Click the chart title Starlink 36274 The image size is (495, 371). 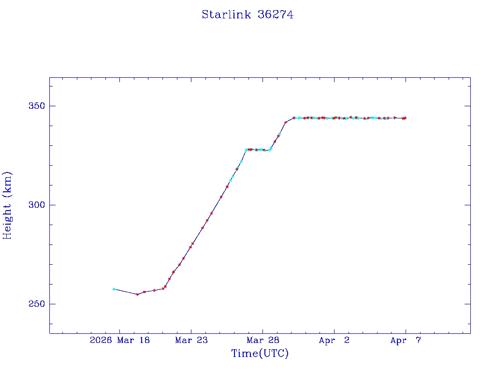pyautogui.click(x=247, y=14)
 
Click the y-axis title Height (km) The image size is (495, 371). pyautogui.click(x=7, y=205)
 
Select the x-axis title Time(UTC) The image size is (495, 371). pyautogui.click(x=260, y=354)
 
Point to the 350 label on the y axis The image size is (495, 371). pyautogui.click(x=34, y=106)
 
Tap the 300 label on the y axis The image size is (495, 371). pyautogui.click(x=34, y=205)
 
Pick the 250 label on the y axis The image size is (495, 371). pyautogui.click(x=34, y=304)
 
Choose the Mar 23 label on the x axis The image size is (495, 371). pyautogui.click(x=191, y=341)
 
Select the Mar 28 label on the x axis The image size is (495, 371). pyautogui.click(x=263, y=341)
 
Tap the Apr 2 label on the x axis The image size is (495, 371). pyautogui.click(x=334, y=341)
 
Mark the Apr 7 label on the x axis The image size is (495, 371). pyautogui.click(x=406, y=341)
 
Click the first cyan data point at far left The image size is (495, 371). pyautogui.click(x=114, y=289)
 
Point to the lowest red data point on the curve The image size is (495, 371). pyautogui.click(x=137, y=294)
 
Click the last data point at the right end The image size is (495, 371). pyautogui.click(x=405, y=118)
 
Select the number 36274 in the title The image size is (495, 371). pyautogui.click(x=276, y=14)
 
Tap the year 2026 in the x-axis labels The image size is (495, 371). pyautogui.click(x=101, y=341)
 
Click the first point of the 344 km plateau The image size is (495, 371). pyautogui.click(x=293, y=118)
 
